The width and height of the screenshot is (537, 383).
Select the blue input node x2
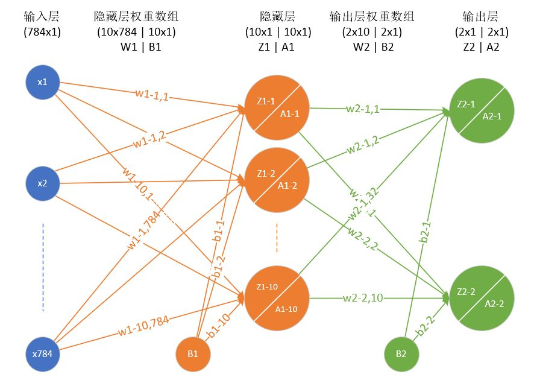42,183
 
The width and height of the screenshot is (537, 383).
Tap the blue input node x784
42,353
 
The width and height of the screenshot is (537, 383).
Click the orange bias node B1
193,353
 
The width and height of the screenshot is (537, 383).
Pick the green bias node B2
402,353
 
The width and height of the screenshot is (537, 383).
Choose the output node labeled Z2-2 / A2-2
481,297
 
